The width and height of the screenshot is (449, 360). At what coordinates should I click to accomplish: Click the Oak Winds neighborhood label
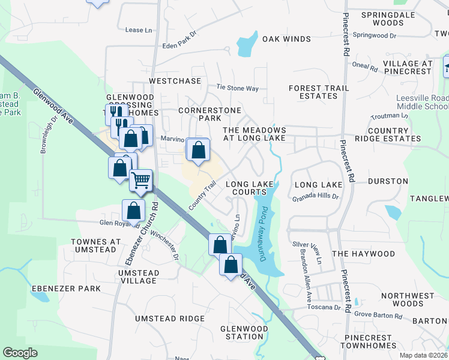pyautogui.click(x=286, y=39)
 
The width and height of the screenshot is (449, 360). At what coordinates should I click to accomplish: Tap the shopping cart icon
pyautogui.click(x=141, y=179)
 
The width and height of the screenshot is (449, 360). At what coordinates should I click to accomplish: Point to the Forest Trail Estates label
pyautogui.click(x=318, y=92)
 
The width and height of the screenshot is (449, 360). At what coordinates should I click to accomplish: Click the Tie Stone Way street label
pyautogui.click(x=237, y=88)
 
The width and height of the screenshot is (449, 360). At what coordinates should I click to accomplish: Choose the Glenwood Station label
pyautogui.click(x=244, y=332)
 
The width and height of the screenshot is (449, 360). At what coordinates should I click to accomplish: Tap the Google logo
pyautogui.click(x=20, y=352)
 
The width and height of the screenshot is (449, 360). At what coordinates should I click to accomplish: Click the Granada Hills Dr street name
pyautogui.click(x=316, y=197)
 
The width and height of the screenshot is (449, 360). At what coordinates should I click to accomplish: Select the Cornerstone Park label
pyautogui.click(x=209, y=114)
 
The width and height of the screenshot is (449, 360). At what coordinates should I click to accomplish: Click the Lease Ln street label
pyautogui.click(x=134, y=30)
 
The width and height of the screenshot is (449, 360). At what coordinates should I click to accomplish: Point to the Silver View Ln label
pyautogui.click(x=307, y=244)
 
